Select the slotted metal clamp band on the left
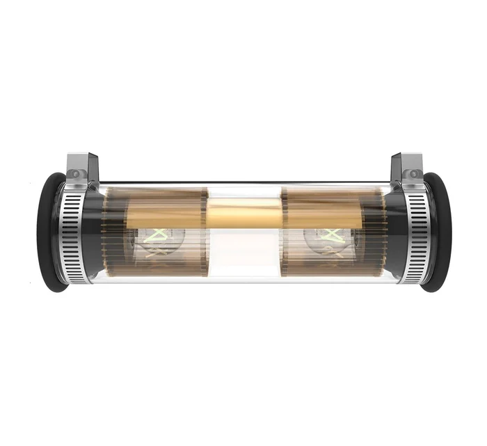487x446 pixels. click(74, 233)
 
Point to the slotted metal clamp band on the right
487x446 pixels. click(415, 233)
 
